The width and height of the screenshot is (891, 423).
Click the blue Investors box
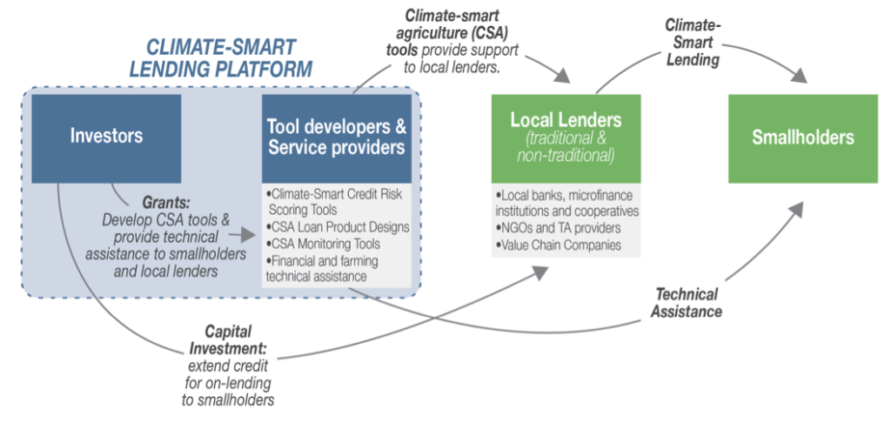coord(106,138)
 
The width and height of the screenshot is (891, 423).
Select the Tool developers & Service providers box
coord(336,138)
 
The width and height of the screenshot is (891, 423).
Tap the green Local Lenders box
coord(566,138)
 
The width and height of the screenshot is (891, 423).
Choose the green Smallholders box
coord(802,138)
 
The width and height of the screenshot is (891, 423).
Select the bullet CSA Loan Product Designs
coord(336,228)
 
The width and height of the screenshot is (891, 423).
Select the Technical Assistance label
coord(685,303)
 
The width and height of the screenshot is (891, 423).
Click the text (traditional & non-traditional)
coord(566,147)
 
